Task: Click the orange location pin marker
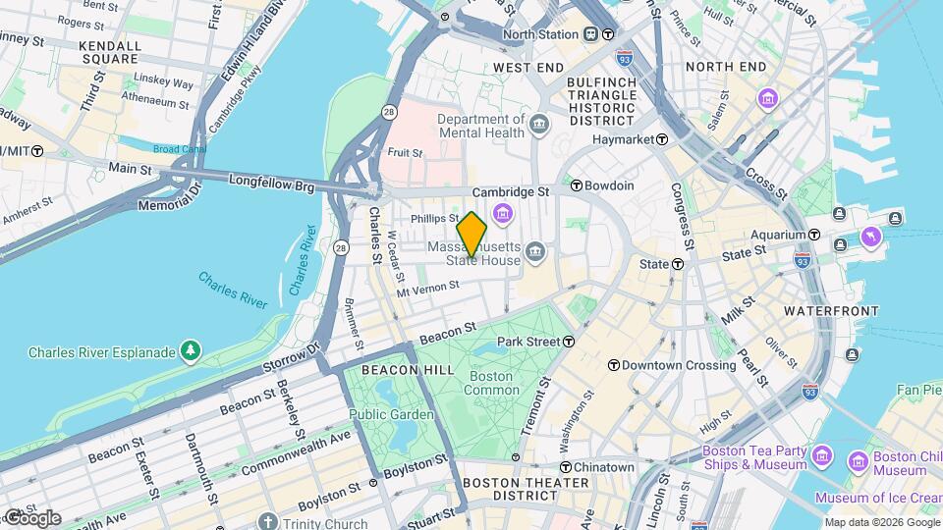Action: [x=471, y=234]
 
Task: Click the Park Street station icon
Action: [x=569, y=342]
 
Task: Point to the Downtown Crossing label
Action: [x=680, y=365]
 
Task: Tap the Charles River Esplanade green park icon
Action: [x=191, y=351]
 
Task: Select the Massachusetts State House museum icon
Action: [x=534, y=252]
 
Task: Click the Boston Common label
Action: [x=491, y=383]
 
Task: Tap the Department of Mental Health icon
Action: [x=539, y=125]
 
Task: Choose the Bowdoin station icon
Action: [x=578, y=185]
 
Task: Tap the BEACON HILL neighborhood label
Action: [x=408, y=369]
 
